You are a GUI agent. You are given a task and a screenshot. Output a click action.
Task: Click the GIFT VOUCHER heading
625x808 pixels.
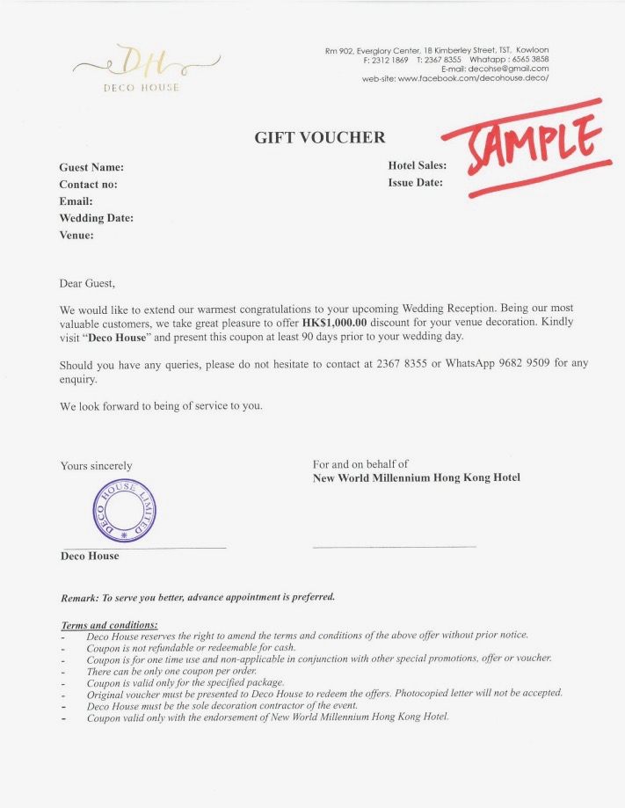click(320, 137)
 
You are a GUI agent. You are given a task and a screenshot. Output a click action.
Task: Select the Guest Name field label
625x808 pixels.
click(91, 167)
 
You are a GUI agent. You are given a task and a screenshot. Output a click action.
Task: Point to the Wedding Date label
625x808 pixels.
click(96, 218)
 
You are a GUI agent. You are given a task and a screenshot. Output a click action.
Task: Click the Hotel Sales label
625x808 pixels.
click(417, 165)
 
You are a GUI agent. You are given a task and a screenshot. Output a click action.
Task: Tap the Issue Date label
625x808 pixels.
click(415, 183)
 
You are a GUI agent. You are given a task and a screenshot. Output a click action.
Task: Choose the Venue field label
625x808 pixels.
click(76, 235)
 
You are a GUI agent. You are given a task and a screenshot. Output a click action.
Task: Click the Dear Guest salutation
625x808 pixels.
click(87, 284)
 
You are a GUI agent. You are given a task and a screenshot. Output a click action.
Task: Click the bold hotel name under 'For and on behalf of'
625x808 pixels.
click(417, 478)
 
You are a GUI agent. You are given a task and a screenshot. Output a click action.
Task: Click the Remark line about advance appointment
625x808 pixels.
click(198, 597)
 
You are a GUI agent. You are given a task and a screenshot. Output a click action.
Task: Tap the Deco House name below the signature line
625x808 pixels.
click(89, 557)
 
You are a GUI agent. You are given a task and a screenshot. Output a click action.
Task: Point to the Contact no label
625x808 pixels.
click(88, 185)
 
